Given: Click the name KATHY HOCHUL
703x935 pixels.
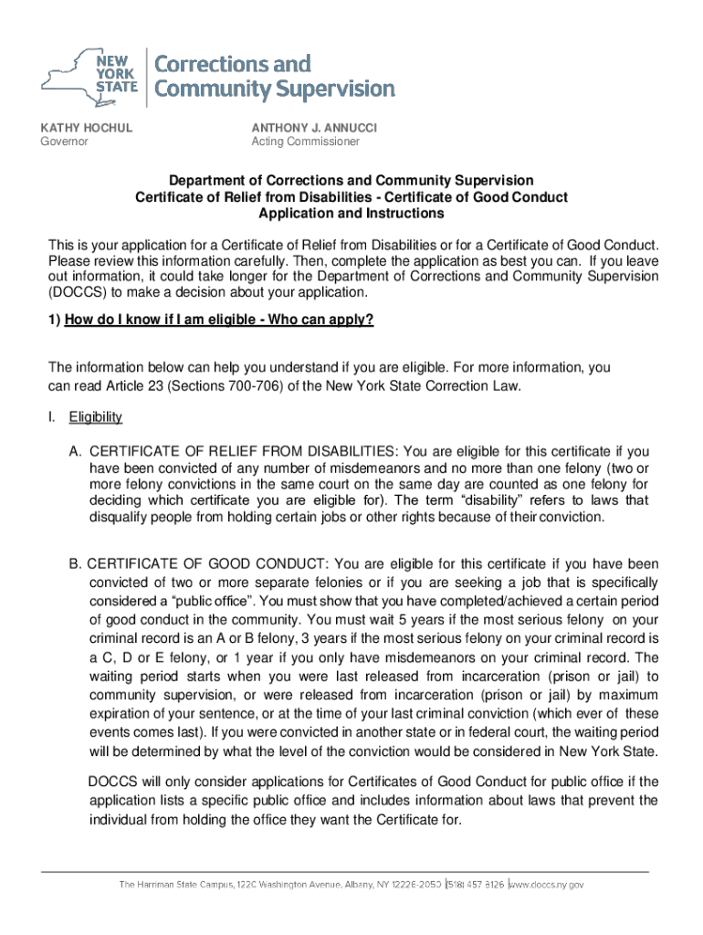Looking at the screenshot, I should tap(84, 128).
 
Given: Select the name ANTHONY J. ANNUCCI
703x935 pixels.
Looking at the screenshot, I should tap(313, 128).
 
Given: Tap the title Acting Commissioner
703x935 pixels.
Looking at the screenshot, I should tap(305, 142).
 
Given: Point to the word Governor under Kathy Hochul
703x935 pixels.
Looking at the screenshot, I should tap(63, 142).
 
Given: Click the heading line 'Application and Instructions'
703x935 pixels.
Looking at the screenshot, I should tap(351, 214).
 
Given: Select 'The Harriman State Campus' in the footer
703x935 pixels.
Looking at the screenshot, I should tap(174, 885).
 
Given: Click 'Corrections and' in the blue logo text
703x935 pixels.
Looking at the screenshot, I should tap(232, 65).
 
